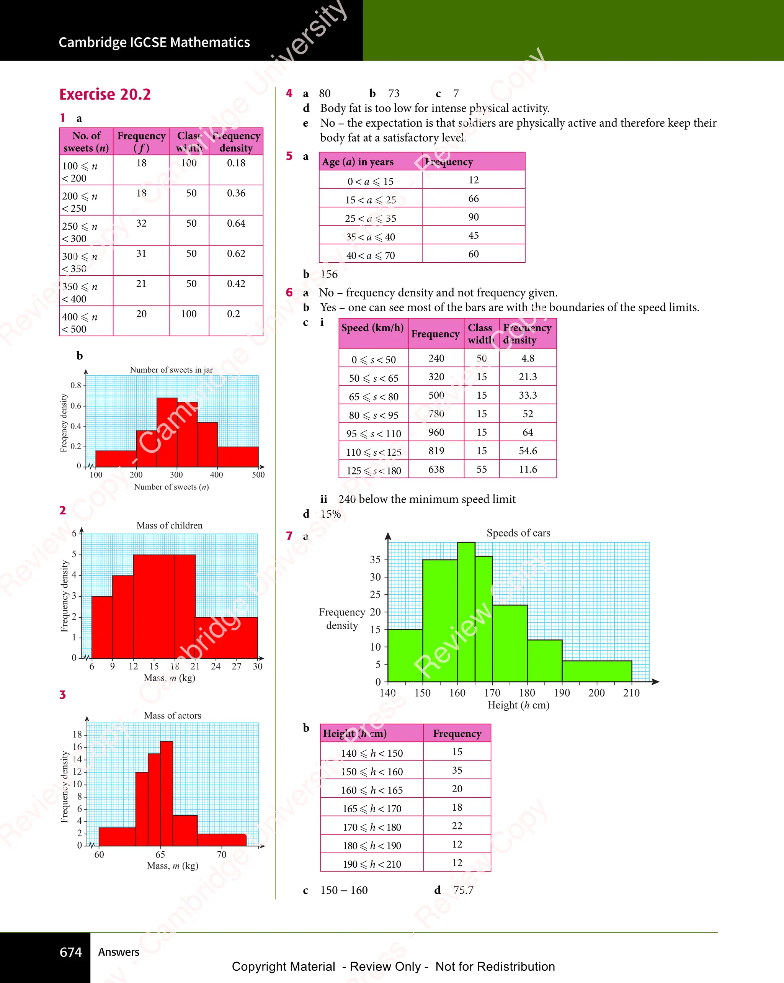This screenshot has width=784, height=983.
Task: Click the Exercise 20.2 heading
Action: (105, 94)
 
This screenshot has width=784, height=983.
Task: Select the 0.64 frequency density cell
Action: (236, 223)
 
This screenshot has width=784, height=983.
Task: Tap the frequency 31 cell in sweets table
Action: (141, 254)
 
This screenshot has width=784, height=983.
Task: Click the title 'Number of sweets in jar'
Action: (171, 370)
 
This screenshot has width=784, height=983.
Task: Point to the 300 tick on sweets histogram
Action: (176, 474)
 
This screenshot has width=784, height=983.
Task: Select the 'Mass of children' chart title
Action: (169, 525)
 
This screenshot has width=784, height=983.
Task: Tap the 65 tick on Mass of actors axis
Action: (160, 854)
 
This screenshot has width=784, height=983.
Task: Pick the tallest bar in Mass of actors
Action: (167, 793)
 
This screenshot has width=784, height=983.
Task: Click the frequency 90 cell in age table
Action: (473, 217)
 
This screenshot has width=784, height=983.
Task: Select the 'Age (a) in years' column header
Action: (358, 162)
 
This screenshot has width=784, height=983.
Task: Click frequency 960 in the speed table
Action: (436, 432)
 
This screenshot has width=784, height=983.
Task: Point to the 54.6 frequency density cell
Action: (528, 451)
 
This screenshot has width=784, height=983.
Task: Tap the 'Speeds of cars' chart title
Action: (518, 533)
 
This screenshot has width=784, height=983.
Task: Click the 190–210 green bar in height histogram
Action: (597, 671)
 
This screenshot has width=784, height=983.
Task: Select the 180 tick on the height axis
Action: (527, 693)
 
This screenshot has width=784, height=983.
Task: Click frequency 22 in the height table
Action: (457, 826)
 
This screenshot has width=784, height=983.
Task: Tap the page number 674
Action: (71, 952)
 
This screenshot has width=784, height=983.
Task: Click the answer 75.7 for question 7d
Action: (463, 890)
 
